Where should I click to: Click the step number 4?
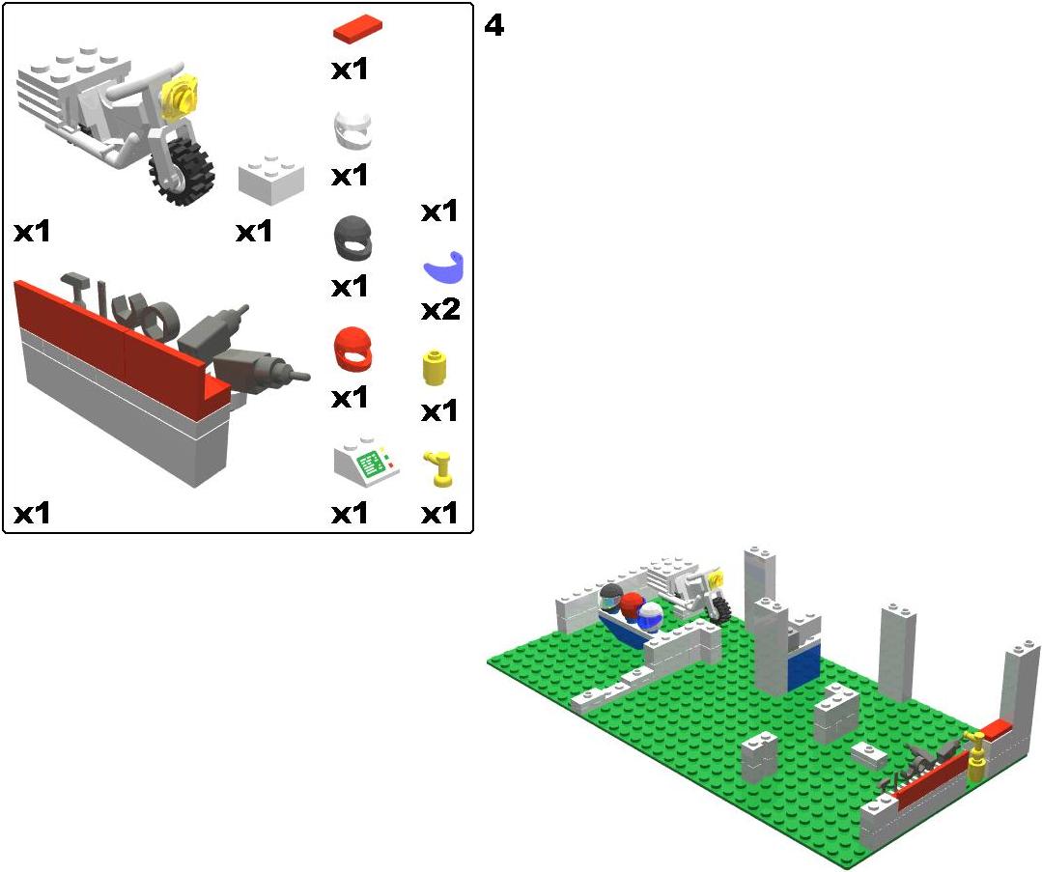[x=493, y=26]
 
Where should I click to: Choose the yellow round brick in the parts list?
[x=434, y=368]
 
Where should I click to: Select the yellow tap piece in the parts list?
[x=437, y=468]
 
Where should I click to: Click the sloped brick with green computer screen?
[x=366, y=461]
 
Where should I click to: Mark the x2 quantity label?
[x=440, y=310]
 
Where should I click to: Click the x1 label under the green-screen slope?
[x=350, y=513]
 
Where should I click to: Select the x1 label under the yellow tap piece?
[x=439, y=513]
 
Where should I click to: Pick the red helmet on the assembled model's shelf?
[x=632, y=606]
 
